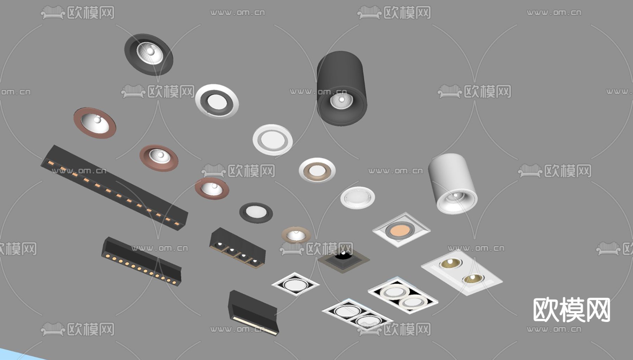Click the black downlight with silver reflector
[149, 54]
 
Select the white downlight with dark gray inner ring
[217, 101]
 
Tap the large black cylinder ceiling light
[342, 88]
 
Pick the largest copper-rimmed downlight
[95, 123]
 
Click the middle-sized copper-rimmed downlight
[159, 158]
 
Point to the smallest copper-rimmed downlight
[212, 188]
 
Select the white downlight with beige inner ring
[317, 170]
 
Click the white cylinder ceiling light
[453, 183]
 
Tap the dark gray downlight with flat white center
[256, 213]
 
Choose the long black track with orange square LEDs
[114, 188]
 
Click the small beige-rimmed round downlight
[296, 235]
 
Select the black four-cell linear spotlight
[237, 248]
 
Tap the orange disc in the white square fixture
[400, 230]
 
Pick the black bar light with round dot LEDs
[141, 261]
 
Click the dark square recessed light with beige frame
[344, 259]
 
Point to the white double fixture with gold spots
[462, 272]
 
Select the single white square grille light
[295, 284]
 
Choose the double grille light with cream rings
[403, 295]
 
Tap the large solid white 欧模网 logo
[572, 310]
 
